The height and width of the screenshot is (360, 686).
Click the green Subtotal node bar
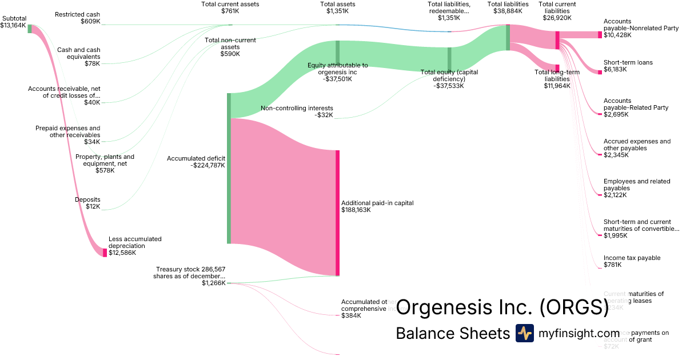(x=30, y=29)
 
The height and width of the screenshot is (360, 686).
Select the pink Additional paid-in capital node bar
(x=338, y=213)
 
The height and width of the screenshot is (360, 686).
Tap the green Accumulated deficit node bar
(x=229, y=168)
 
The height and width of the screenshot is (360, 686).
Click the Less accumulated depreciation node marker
(x=105, y=253)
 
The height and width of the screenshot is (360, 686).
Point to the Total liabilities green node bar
(x=508, y=37)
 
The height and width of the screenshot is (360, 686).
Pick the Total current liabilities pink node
(x=557, y=40)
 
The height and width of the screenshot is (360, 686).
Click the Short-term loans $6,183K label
(x=628, y=66)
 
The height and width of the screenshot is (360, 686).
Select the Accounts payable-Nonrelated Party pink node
(x=600, y=35)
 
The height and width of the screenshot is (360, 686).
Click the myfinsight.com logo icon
(x=524, y=333)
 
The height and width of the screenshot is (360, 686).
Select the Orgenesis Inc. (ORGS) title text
(x=502, y=307)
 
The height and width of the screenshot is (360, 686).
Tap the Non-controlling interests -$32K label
(x=297, y=111)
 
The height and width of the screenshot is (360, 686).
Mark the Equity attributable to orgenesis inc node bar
(x=338, y=51)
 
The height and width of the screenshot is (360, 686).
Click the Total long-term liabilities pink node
(x=557, y=68)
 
